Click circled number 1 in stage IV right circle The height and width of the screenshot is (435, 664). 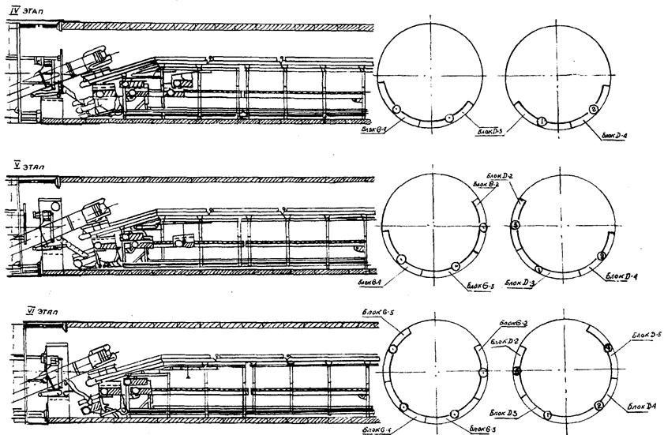click(x=542, y=121)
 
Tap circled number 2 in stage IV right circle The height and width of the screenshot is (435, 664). click(x=594, y=109)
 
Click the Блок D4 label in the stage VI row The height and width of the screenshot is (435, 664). click(x=640, y=405)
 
